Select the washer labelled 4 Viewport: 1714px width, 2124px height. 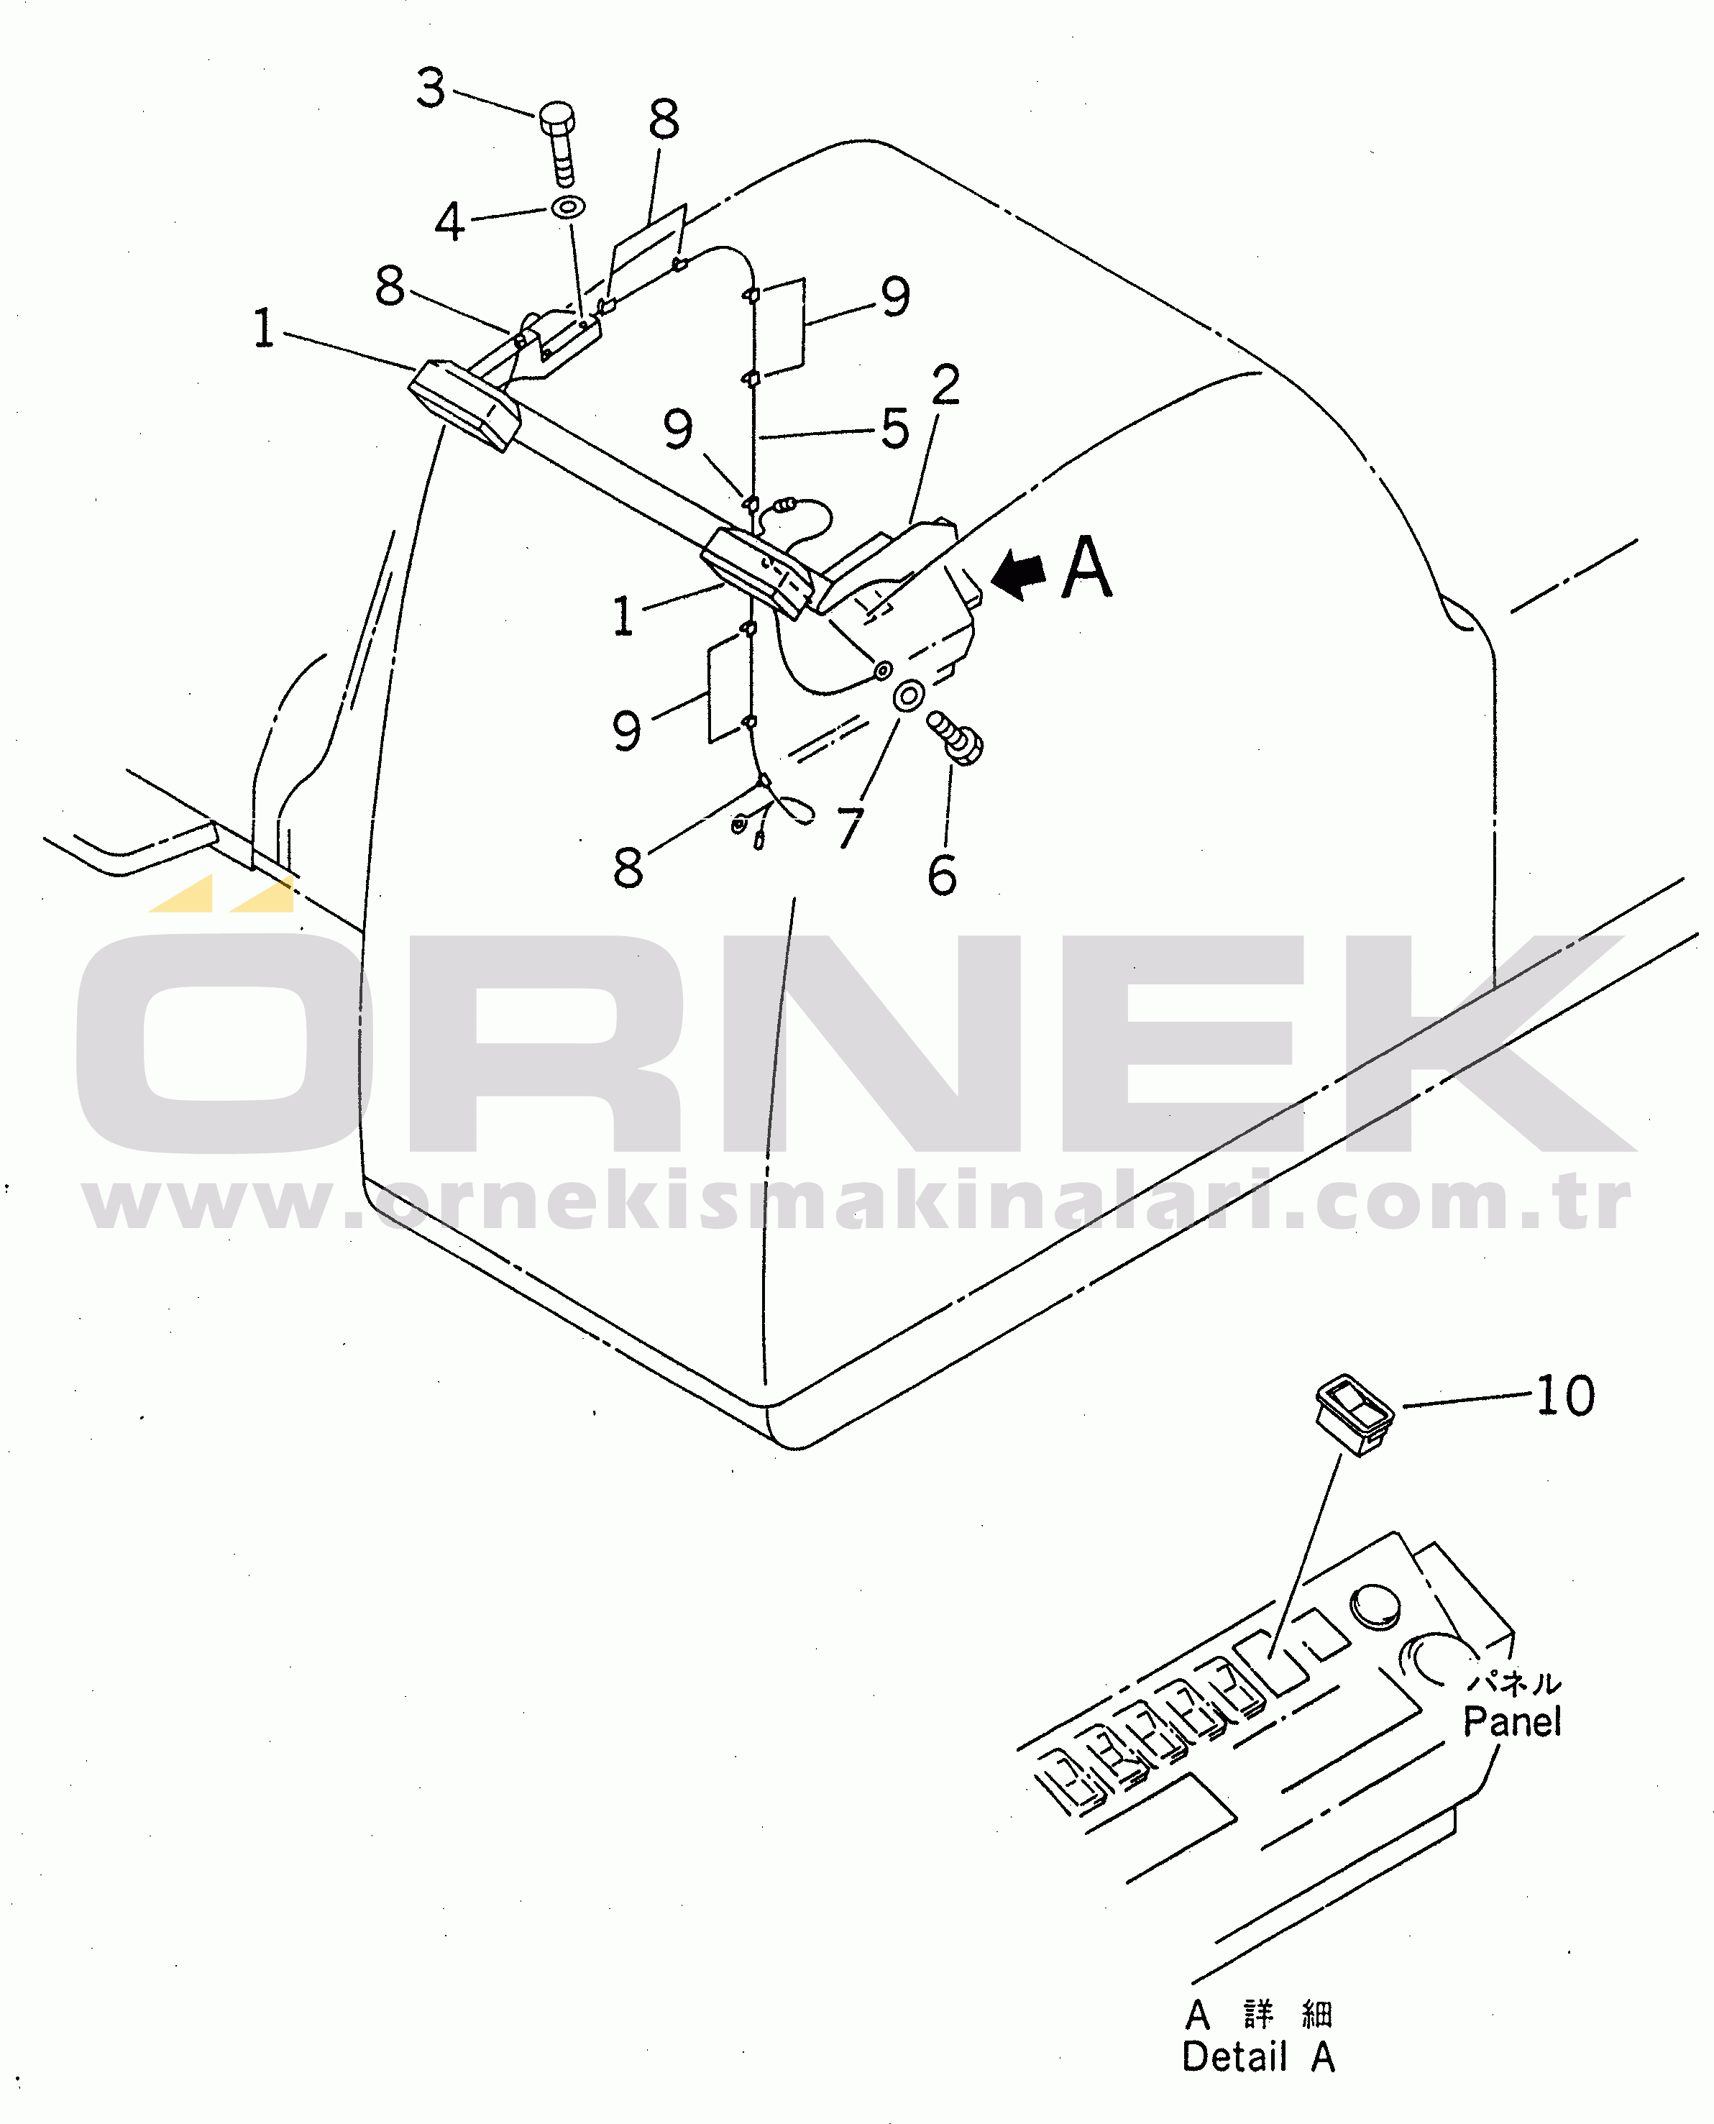[568, 207]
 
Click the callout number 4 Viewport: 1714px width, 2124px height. [449, 221]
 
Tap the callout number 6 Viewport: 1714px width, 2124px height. [942, 875]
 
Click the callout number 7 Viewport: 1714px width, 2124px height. [849, 828]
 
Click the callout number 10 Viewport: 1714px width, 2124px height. [1566, 1395]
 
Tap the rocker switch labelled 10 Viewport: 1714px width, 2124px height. [1354, 1414]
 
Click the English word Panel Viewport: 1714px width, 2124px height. [1511, 1721]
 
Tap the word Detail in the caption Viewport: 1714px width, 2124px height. [1234, 2057]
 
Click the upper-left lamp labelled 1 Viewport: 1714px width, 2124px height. [464, 405]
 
